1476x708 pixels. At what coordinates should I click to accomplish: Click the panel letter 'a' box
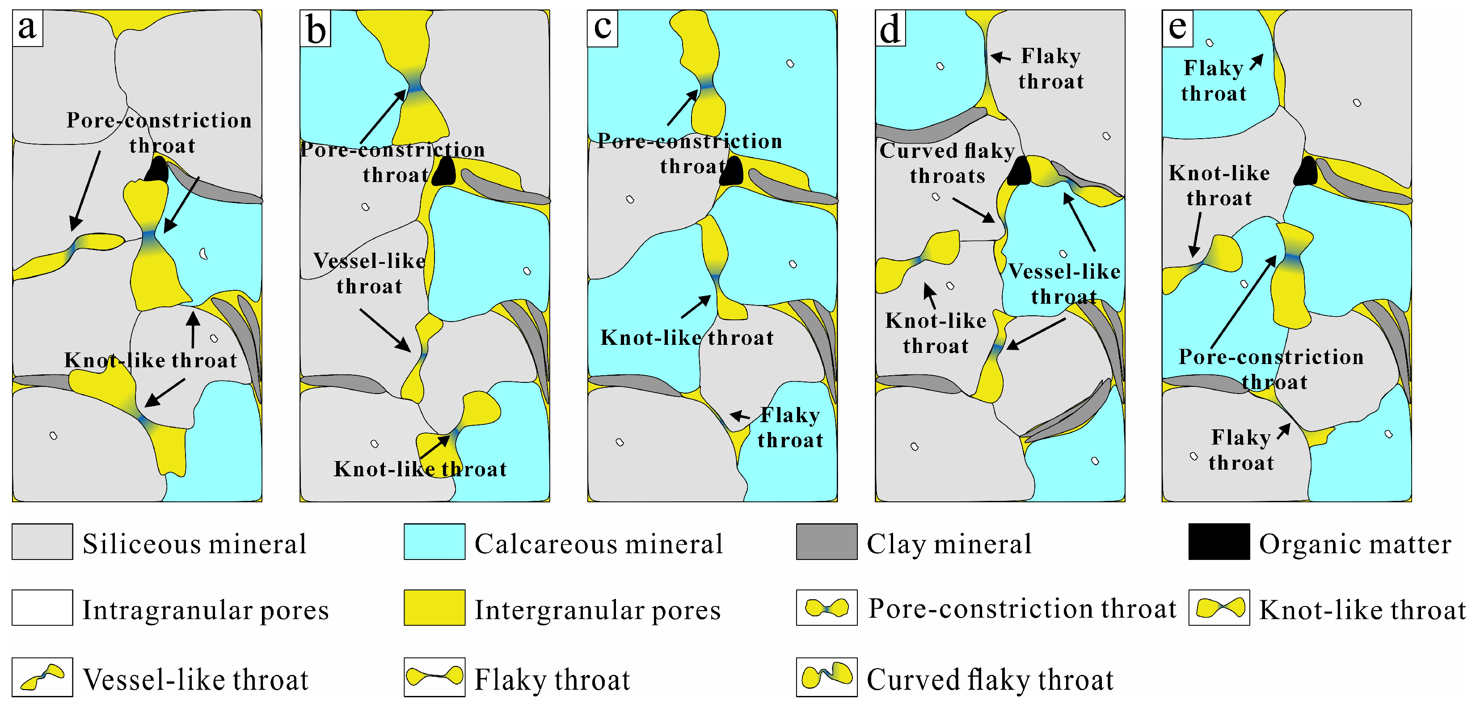[x=28, y=28]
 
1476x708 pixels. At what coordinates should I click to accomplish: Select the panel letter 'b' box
[x=315, y=28]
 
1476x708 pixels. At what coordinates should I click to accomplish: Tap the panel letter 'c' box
[x=602, y=28]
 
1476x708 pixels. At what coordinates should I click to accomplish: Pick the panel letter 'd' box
[x=890, y=28]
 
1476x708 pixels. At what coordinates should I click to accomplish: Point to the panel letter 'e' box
[x=1177, y=28]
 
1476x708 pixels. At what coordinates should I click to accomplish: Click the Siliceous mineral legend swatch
[x=42, y=542]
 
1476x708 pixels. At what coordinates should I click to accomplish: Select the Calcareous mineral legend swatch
[x=434, y=542]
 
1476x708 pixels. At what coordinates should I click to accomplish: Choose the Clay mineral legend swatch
[x=826, y=542]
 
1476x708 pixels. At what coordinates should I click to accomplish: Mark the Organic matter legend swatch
[x=1219, y=542]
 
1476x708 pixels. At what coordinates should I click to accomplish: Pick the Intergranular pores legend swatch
[x=434, y=608]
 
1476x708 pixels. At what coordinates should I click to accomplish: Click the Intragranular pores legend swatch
[x=42, y=608]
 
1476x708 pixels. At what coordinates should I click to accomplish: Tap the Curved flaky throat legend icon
[x=826, y=677]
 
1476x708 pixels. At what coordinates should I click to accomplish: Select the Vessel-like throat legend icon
[x=42, y=677]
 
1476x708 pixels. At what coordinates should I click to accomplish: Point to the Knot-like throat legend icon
[x=1219, y=608]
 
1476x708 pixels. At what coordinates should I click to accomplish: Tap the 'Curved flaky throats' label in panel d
[x=947, y=163]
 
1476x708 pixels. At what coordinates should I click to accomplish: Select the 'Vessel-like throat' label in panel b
[x=370, y=273]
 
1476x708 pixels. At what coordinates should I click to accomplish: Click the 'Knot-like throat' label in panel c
[x=687, y=338]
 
